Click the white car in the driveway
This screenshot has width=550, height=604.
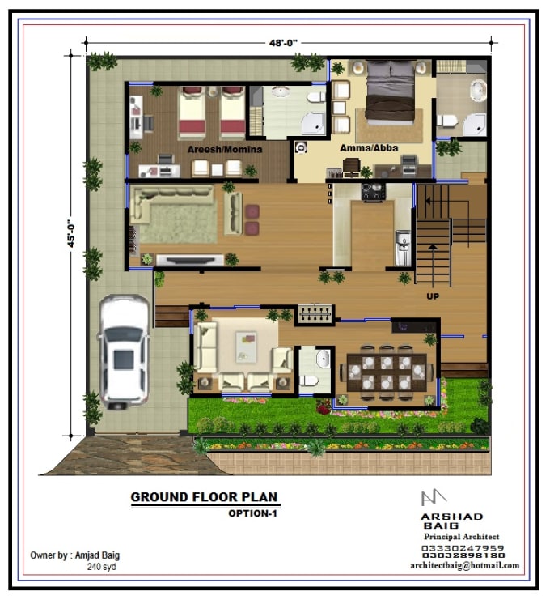(124, 350)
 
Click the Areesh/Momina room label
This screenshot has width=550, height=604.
(218, 150)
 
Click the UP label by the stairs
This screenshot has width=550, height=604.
(433, 296)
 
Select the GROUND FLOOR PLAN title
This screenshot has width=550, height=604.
(205, 497)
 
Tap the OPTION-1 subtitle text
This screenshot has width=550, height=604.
(253, 513)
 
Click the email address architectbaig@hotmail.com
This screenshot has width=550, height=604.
(464, 566)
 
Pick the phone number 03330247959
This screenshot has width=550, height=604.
(463, 547)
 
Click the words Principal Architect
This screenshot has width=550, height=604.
(461, 537)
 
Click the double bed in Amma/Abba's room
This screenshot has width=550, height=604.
(391, 93)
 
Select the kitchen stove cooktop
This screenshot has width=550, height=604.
(372, 192)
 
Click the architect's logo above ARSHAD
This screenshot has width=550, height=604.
(434, 498)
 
